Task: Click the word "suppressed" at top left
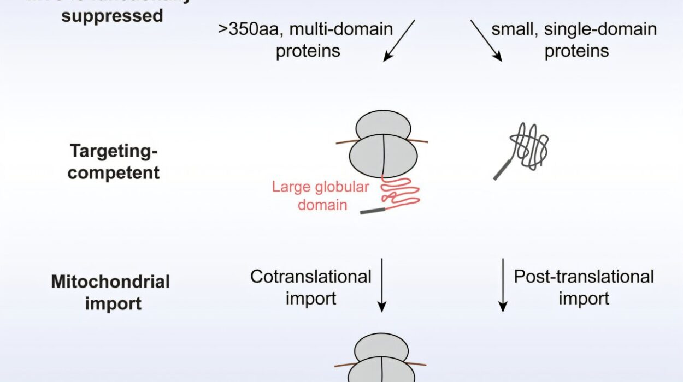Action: tap(112, 15)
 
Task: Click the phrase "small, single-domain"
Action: tap(574, 29)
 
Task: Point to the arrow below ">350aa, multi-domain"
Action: tap(399, 40)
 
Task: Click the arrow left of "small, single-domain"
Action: tap(486, 40)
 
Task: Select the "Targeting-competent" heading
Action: tap(114, 162)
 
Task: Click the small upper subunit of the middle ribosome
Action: tap(382, 127)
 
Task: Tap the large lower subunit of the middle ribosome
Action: tap(382, 156)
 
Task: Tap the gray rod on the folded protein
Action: tap(502, 169)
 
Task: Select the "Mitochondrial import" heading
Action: tap(110, 292)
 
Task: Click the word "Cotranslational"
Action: tap(311, 277)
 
